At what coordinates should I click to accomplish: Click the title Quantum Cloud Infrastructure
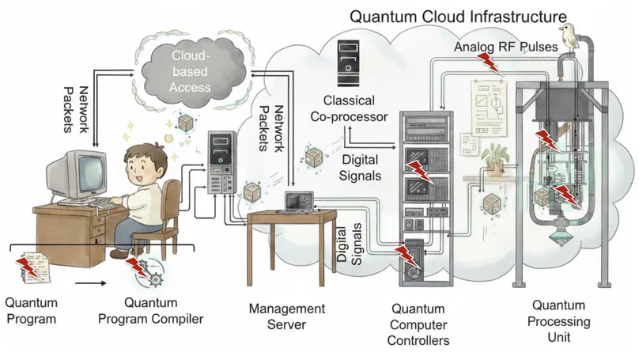coord(458,16)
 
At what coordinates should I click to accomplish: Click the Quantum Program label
coord(30,311)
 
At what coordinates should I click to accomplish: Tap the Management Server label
coord(286,315)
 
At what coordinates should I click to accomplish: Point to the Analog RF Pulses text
coord(506,47)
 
